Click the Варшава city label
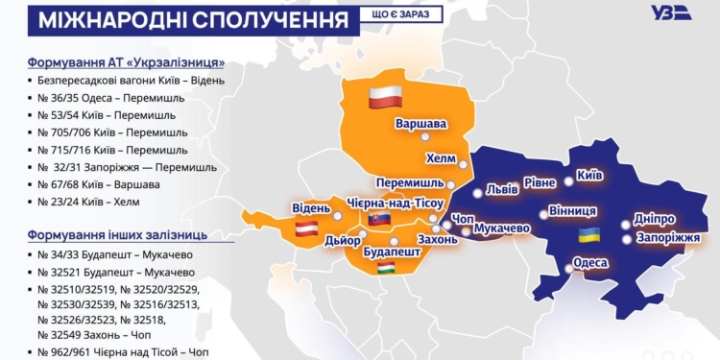coord(421,124)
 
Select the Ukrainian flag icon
coord(584,235)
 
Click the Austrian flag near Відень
coord(306,228)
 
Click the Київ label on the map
coord(588,178)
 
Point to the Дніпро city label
coord(655,219)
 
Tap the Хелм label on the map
coord(442,158)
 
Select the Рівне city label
coord(539,182)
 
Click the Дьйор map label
coord(343,240)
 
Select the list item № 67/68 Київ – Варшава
coord(99,183)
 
